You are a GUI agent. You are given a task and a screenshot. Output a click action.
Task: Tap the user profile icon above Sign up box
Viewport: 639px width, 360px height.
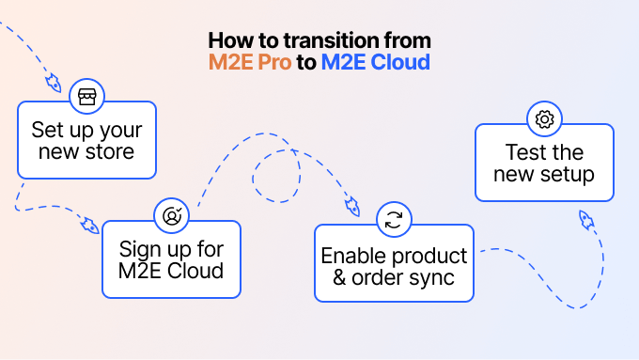(172, 215)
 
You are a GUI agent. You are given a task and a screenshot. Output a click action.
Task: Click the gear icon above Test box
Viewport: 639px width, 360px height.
(543, 120)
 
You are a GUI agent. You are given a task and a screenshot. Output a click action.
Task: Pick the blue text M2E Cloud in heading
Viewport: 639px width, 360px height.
(375, 63)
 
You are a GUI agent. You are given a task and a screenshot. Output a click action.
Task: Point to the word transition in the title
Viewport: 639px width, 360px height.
(304, 41)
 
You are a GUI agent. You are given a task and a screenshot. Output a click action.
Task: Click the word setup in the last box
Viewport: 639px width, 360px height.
(569, 175)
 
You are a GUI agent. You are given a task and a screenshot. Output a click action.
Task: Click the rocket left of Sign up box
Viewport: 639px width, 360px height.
(89, 227)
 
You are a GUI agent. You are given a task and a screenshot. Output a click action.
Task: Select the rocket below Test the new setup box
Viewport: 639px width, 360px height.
(585, 221)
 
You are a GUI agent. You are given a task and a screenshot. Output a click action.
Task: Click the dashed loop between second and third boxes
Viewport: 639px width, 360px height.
(277, 169)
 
